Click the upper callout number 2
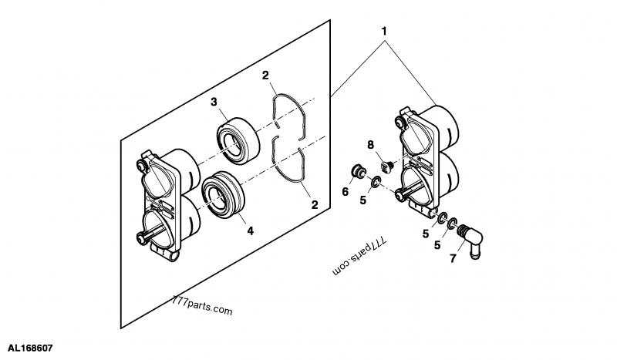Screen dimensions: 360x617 [265, 76]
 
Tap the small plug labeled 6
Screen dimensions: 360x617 [357, 170]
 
